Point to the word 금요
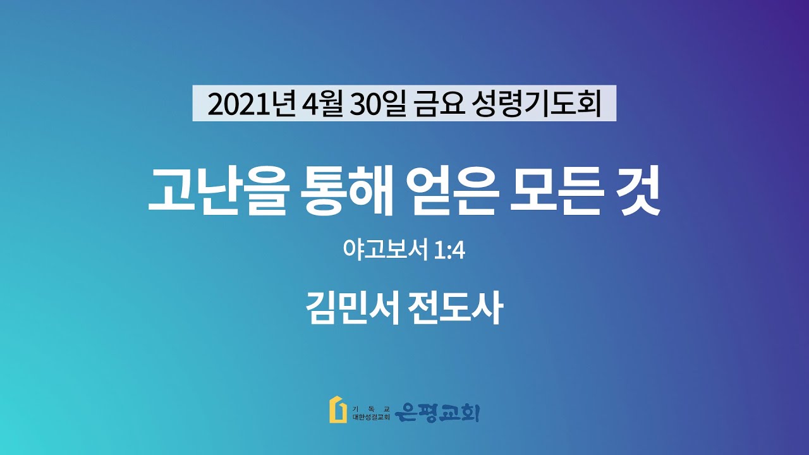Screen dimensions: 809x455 click(x=439, y=104)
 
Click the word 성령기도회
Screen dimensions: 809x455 click(x=537, y=104)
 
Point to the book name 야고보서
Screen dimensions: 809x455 click(x=386, y=249)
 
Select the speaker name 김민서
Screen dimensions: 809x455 click(x=352, y=308)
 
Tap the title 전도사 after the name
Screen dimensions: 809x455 click(x=455, y=308)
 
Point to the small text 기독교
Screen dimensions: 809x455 click(x=371, y=409)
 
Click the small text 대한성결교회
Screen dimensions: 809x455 click(x=371, y=418)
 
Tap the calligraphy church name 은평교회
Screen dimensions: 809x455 click(x=437, y=413)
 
